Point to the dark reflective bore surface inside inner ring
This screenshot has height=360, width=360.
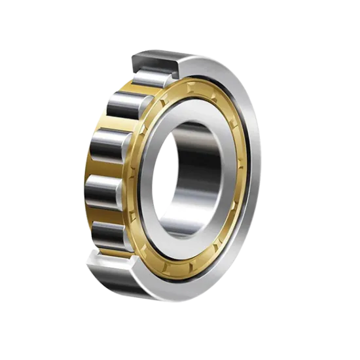click(196, 164)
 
